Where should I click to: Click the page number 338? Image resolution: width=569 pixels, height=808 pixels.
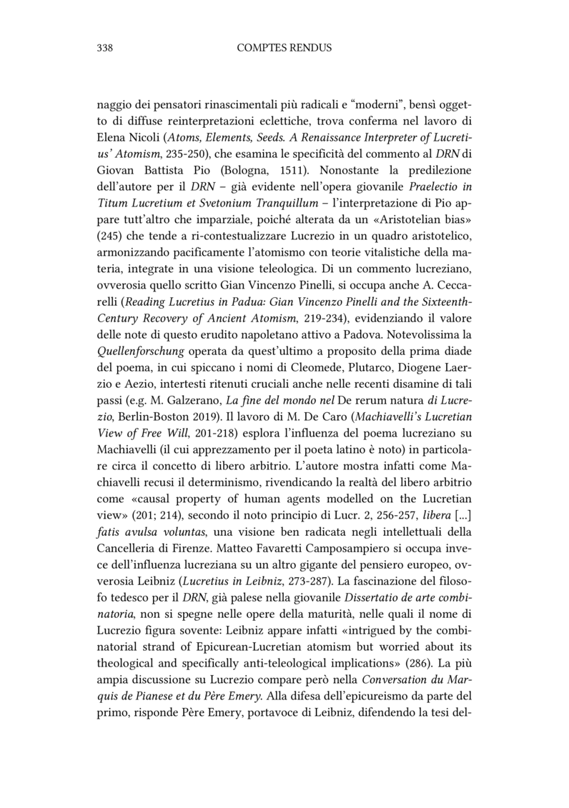(105, 48)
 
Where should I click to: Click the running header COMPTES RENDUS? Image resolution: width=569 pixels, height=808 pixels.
(284, 48)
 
